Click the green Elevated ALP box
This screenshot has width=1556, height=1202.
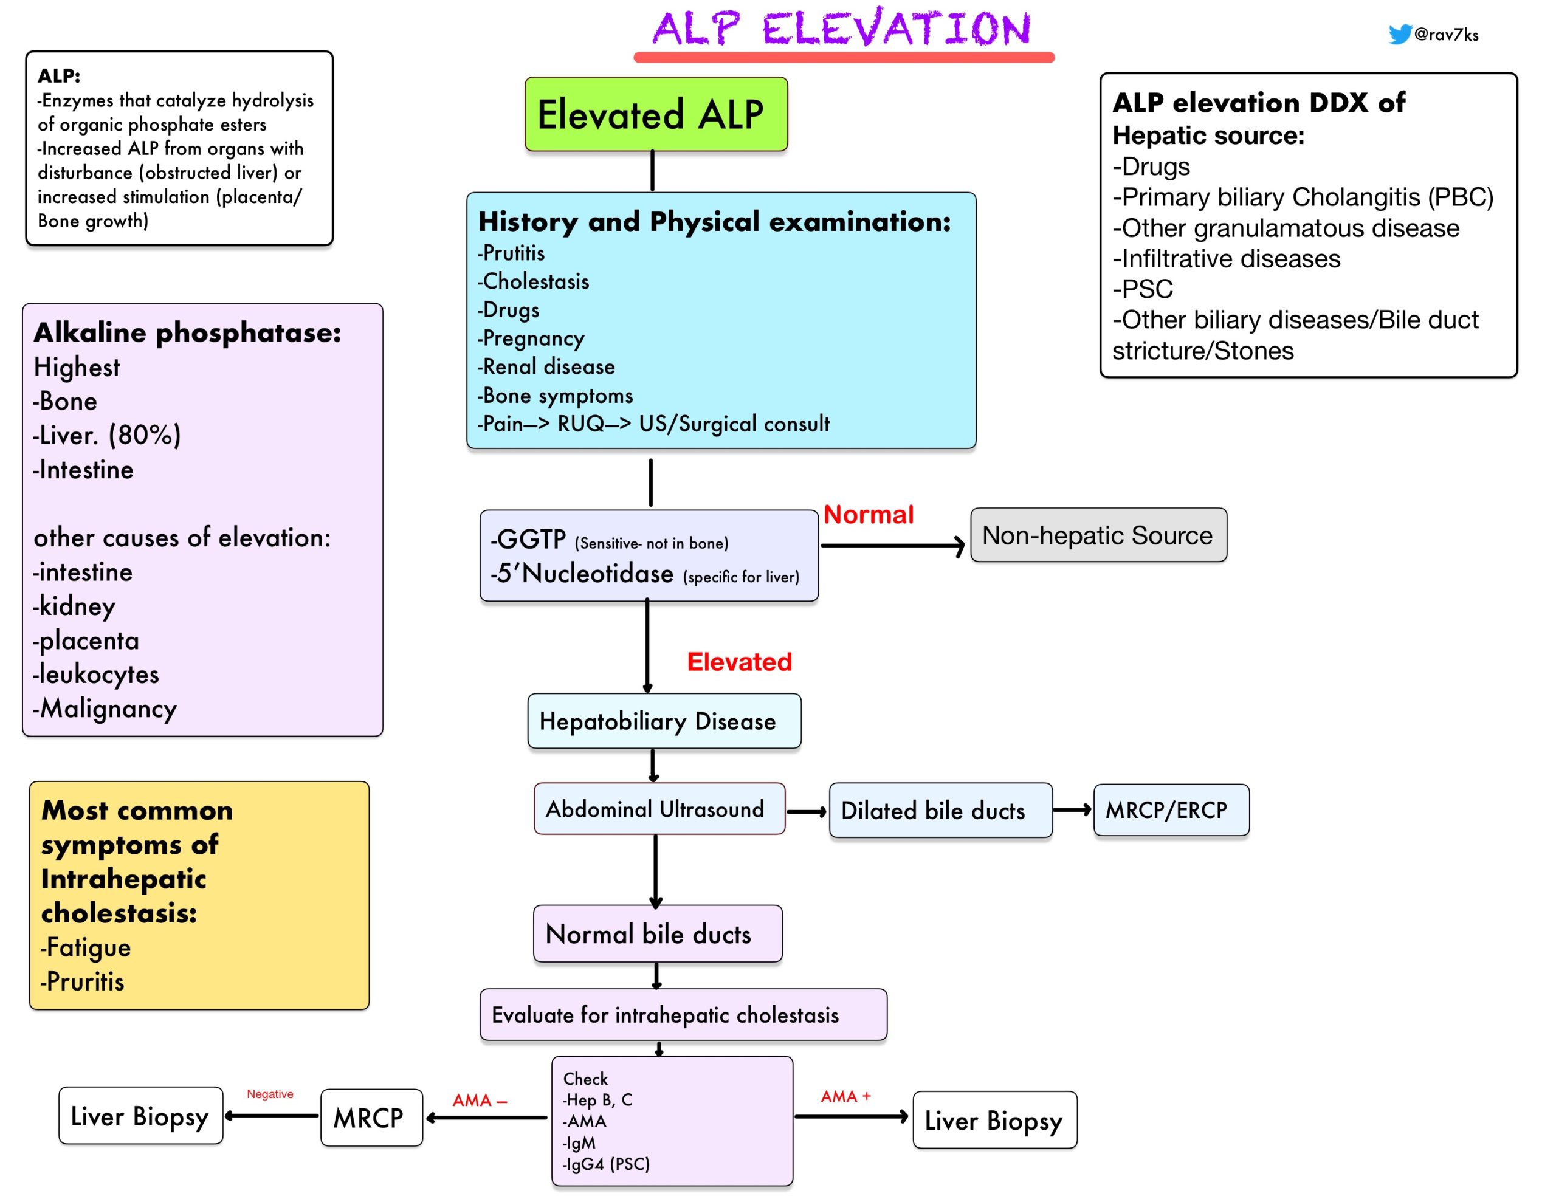[656, 114]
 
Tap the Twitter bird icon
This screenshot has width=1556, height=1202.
[1399, 33]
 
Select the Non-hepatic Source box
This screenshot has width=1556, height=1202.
[1098, 535]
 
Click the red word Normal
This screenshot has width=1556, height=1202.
[869, 515]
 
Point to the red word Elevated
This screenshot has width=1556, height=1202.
[740, 662]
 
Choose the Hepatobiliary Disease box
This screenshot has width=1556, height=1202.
[664, 721]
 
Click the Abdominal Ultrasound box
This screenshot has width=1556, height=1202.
[659, 809]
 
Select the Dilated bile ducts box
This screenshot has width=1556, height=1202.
[940, 810]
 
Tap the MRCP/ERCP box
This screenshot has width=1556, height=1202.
[1171, 810]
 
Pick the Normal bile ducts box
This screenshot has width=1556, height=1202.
[658, 933]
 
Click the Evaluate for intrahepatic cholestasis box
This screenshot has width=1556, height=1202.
[683, 1015]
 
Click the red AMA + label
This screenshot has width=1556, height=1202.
[845, 1096]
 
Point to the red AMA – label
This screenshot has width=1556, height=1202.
[480, 1100]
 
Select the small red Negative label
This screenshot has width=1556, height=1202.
[270, 1094]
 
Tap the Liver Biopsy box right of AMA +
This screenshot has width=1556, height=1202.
[994, 1120]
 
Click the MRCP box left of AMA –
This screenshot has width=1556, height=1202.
[371, 1117]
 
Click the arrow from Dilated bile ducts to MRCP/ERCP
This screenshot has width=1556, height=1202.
[1072, 810]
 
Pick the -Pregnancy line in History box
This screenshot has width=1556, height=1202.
[531, 338]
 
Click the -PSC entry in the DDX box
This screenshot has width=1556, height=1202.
[1143, 289]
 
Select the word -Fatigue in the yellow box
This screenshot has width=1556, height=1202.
[86, 947]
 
